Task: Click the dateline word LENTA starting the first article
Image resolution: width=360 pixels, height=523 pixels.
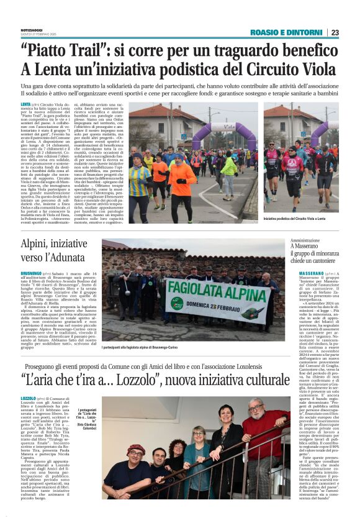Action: pyautogui.click(x=26, y=104)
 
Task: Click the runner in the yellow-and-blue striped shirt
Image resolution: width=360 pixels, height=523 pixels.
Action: pyautogui.click(x=140, y=183)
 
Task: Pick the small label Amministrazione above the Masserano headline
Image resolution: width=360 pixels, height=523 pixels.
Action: pyautogui.click(x=306, y=239)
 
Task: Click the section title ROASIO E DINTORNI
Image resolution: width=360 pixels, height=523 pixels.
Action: pyautogui.click(x=286, y=32)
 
